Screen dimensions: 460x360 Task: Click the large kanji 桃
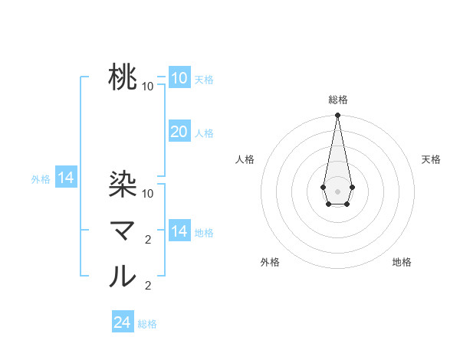tap(123, 77)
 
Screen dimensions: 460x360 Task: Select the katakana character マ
tap(123, 230)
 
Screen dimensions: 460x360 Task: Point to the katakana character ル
tap(123, 276)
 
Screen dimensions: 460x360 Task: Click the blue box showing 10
tap(179, 77)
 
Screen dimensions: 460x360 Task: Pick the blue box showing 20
tap(179, 132)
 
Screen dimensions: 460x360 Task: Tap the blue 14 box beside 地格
tap(179, 231)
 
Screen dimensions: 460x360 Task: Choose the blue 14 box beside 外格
tap(66, 178)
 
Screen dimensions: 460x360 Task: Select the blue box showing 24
tap(122, 322)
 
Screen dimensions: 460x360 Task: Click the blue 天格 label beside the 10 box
tap(204, 79)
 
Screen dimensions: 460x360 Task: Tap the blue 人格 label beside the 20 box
tap(204, 133)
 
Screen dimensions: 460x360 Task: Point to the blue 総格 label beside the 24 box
tap(147, 324)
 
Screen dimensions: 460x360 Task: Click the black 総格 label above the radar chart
tap(337, 100)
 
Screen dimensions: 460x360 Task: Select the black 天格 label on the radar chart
tap(432, 159)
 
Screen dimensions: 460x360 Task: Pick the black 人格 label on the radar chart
tap(245, 159)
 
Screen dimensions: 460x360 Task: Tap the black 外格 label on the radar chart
tap(270, 262)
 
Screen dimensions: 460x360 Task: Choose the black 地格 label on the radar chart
tap(402, 262)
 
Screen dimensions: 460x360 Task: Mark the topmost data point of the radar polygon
tap(337, 116)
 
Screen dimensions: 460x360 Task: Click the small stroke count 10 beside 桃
tap(148, 87)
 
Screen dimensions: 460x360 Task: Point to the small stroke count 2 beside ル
tap(148, 286)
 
